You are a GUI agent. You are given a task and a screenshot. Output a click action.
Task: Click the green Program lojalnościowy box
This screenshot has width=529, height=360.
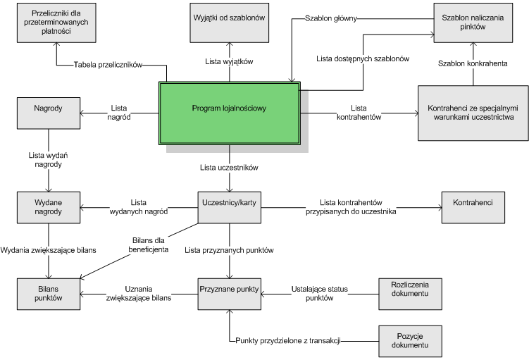point(230,113)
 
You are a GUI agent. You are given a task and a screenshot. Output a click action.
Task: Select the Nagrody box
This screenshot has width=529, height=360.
point(49,113)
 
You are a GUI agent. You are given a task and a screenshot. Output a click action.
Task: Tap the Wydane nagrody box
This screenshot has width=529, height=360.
point(49,208)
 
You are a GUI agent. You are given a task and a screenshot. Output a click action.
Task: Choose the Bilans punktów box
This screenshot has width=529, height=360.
point(49,294)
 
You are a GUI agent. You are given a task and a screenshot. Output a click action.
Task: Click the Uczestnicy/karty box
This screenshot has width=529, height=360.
point(230,208)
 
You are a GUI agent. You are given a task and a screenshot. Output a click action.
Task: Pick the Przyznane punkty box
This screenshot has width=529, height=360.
point(230,294)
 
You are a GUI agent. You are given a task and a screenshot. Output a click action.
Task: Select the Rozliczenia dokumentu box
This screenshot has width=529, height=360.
point(410,294)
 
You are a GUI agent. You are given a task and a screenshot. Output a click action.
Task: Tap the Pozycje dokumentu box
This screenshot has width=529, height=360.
point(410,341)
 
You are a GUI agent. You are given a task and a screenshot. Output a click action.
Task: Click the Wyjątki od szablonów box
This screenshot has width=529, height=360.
point(230,23)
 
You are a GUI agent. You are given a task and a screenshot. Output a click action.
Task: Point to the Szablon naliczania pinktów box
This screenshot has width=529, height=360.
point(473,23)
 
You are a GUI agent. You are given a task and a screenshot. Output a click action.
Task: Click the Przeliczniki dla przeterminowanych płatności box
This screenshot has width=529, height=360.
point(56,23)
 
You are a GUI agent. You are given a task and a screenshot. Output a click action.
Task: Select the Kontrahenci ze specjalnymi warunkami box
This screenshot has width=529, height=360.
point(473,113)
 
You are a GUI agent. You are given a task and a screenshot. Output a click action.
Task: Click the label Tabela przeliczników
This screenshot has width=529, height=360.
point(108,65)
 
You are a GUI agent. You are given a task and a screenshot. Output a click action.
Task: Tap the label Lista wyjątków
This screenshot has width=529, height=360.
point(229,61)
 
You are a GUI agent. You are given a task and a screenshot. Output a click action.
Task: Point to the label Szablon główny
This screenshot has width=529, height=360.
point(331,18)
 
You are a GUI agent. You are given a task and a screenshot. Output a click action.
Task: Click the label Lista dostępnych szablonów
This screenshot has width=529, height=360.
point(363,58)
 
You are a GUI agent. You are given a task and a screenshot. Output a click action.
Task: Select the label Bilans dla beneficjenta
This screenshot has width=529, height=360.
point(149,245)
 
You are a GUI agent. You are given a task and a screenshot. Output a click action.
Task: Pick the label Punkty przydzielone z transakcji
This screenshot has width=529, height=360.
point(288,341)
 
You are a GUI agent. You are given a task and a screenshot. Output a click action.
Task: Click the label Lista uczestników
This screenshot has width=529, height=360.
point(229,168)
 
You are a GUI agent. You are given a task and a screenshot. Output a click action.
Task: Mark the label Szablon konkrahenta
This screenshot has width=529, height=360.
point(473,63)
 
